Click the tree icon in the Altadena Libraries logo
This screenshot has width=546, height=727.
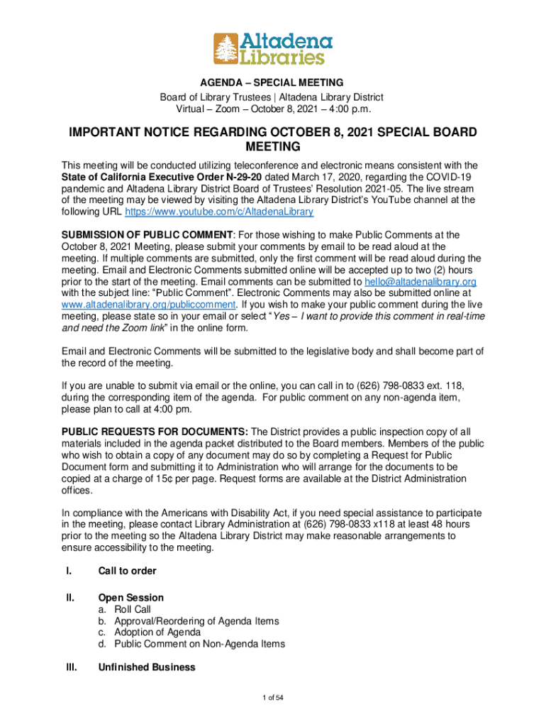click(226, 48)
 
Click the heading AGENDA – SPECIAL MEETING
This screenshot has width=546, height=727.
click(272, 83)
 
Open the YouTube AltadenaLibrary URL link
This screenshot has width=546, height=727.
click(219, 212)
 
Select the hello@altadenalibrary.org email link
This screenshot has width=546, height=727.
click(420, 281)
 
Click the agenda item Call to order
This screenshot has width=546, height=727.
click(127, 571)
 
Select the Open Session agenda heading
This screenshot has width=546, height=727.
click(130, 598)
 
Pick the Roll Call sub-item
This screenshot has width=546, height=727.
click(133, 609)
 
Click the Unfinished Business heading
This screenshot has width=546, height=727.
click(146, 667)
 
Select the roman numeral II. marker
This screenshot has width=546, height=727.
click(69, 598)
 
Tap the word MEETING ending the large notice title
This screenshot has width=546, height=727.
click(272, 147)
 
